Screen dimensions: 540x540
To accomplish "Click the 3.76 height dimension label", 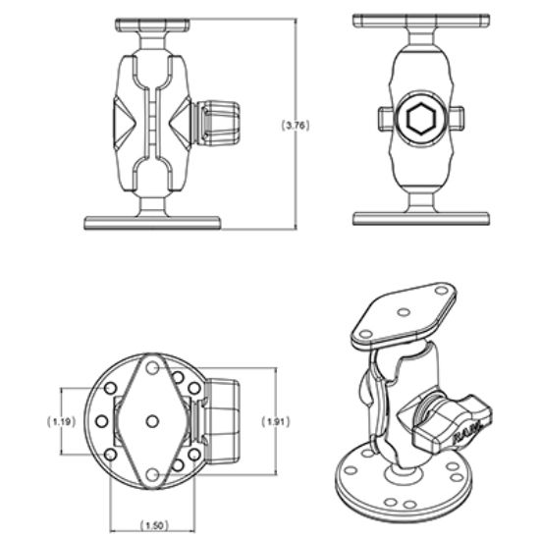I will (297, 125).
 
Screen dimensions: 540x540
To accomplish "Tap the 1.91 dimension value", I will (278, 421).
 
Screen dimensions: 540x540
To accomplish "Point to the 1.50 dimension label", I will (152, 524).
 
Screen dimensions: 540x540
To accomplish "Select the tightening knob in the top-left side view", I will (216, 123).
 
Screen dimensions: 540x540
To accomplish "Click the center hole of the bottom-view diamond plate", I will (152, 420).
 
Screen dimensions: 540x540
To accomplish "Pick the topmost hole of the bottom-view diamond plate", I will (152, 366).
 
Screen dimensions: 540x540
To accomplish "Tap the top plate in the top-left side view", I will (152, 23).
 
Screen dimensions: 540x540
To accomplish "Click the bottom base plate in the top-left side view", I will (152, 223).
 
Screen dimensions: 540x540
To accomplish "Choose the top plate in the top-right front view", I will (420, 21).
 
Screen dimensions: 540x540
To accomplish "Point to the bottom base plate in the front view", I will (420, 218).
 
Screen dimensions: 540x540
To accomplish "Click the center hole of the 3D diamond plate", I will (405, 314).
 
